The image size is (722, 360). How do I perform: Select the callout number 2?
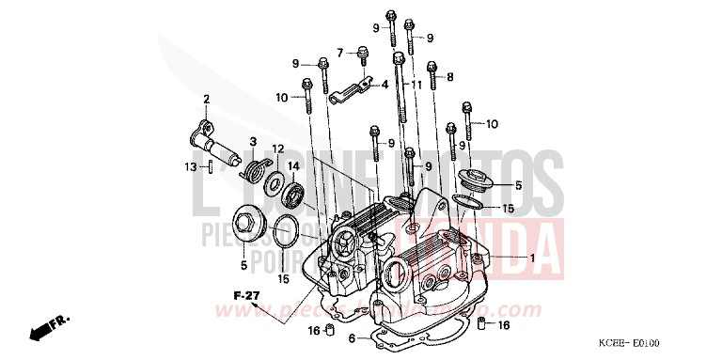tap(207, 99)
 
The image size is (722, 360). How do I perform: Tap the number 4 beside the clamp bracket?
tap(385, 84)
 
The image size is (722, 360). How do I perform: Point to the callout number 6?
tap(351, 337)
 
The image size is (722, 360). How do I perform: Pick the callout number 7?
tap(341, 52)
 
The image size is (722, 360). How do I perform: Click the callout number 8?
tap(450, 76)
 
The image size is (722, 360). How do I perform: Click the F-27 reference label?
tap(245, 296)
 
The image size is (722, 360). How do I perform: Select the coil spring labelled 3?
tap(252, 169)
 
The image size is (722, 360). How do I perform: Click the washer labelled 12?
tap(276, 182)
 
